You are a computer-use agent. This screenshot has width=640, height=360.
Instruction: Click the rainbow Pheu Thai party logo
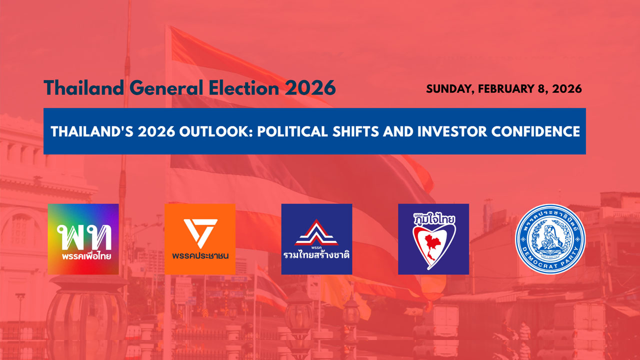(83, 239)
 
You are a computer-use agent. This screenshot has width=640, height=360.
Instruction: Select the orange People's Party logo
(200, 239)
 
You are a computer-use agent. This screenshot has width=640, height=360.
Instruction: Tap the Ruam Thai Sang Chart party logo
(316, 239)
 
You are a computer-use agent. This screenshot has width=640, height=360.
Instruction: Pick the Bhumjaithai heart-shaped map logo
(433, 239)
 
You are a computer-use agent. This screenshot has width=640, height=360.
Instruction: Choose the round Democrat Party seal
(550, 239)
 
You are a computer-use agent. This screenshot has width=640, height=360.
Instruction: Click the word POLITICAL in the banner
(265, 132)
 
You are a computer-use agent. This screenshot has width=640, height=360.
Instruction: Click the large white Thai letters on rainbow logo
(83, 235)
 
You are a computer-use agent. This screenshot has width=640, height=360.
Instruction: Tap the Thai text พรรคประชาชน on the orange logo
(200, 256)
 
